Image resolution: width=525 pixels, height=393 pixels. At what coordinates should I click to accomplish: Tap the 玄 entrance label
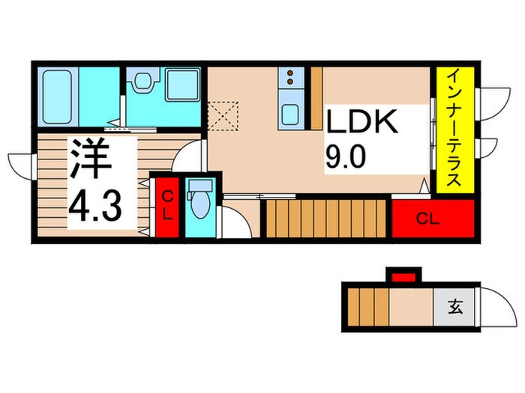[x=455, y=306]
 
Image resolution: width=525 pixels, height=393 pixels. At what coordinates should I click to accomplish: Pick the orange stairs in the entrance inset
[x=367, y=307]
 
